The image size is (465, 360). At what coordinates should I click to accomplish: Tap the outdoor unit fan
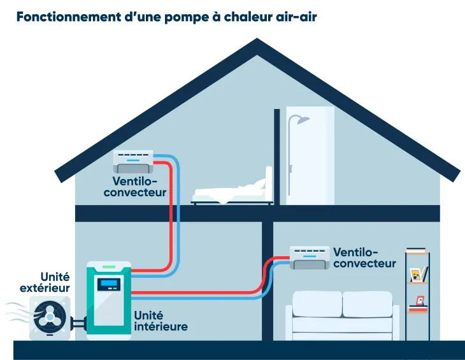click(x=49, y=317)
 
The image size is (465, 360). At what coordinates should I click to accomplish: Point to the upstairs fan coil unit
click(x=133, y=161)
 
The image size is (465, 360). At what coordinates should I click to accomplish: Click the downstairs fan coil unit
click(x=310, y=257)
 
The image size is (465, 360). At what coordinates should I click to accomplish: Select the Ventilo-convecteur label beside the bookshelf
click(x=364, y=258)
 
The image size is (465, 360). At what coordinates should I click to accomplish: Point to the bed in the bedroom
click(x=233, y=190)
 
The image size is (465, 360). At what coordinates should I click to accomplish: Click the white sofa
click(x=342, y=313)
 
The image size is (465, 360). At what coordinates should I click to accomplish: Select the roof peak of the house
click(x=257, y=45)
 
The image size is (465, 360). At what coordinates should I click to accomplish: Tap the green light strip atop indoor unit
click(x=109, y=266)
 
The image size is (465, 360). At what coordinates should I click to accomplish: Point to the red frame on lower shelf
click(x=419, y=300)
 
